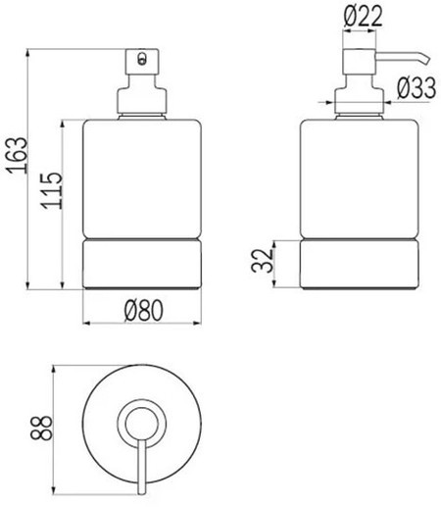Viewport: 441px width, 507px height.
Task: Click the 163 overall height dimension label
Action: click(x=17, y=155)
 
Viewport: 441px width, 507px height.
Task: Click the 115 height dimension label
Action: click(x=52, y=190)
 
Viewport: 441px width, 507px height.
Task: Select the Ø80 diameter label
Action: click(x=143, y=310)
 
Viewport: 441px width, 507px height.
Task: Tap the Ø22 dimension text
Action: click(x=363, y=16)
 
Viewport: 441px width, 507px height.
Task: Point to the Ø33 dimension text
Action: click(x=416, y=88)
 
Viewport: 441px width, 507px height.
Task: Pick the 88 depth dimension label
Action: click(x=41, y=428)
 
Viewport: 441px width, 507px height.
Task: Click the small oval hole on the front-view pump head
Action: click(x=142, y=59)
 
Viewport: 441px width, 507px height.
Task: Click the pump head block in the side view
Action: click(x=359, y=62)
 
